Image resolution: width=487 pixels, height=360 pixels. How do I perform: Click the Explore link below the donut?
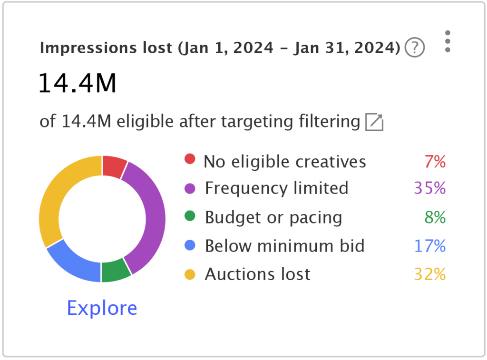102,308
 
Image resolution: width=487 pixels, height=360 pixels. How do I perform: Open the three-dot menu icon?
447,42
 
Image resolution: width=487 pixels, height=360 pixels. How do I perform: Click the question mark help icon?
414,48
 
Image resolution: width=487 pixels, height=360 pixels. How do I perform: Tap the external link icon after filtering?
374,122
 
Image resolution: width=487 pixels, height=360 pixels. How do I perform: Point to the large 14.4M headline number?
77,83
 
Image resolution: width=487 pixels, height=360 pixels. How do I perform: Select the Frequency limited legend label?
276,188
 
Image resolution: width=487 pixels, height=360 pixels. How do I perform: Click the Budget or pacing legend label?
273,217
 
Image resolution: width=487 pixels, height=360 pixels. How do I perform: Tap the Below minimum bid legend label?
284,246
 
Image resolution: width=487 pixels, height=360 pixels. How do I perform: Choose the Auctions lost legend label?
257,274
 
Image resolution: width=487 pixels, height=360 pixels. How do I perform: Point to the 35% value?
429,188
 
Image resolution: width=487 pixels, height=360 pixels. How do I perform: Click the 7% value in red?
435,162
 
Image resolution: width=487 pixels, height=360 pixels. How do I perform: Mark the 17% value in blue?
429,246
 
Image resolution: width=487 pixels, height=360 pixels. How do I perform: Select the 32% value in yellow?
429,274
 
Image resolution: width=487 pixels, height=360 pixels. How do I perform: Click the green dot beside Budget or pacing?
190,217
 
